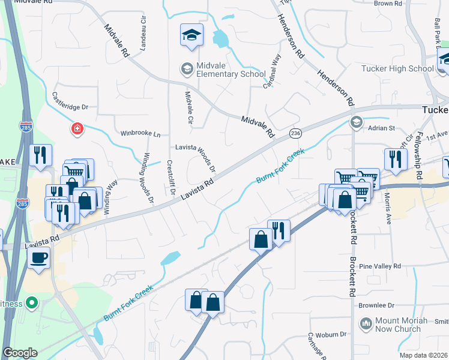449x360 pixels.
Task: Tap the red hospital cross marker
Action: [x=77, y=128]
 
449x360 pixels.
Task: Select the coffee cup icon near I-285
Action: [x=39, y=259]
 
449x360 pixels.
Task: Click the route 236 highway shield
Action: [x=295, y=133]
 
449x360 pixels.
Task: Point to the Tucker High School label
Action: [x=397, y=68]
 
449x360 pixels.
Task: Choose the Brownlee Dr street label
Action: [x=376, y=305]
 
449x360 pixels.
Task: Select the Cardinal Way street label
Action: [x=272, y=73]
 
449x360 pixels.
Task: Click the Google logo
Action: [x=20, y=353]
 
